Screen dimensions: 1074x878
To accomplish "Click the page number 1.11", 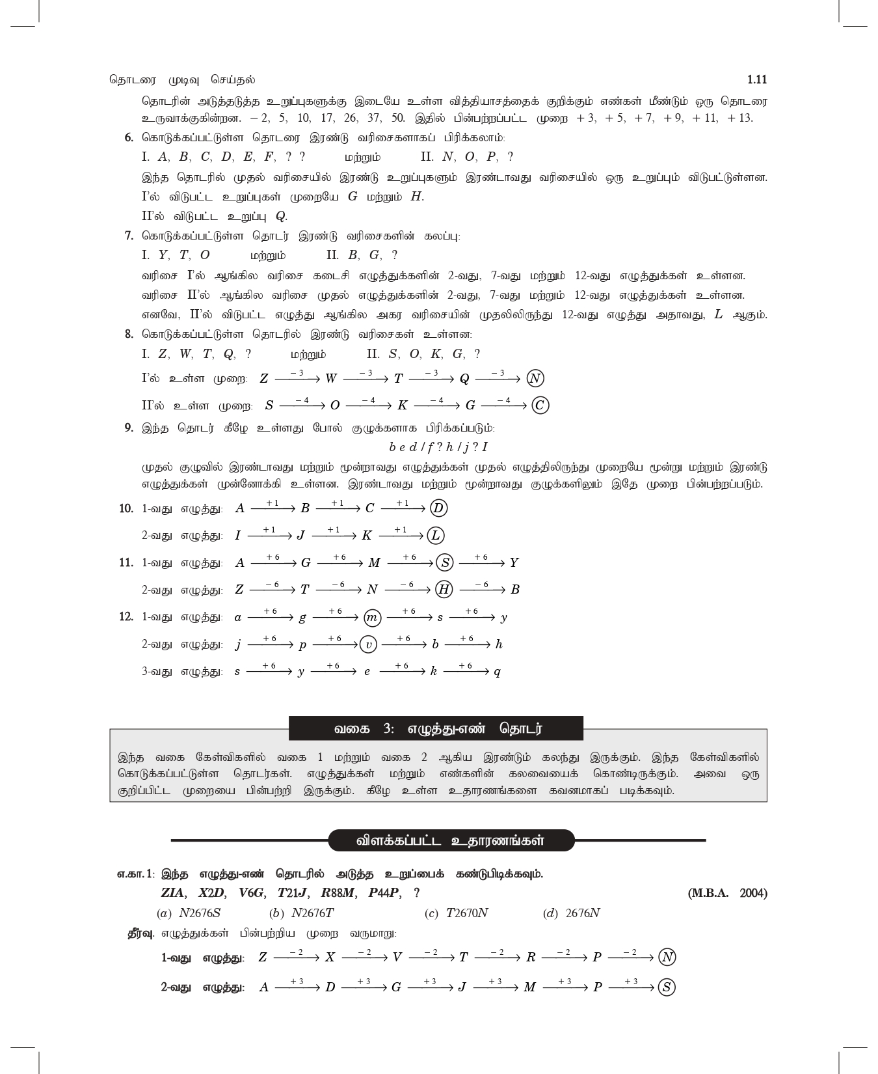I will [757, 79].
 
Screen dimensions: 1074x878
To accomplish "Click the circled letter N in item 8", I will [535, 379].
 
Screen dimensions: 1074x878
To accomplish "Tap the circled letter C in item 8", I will [540, 406].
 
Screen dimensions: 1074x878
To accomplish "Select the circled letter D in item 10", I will [439, 508].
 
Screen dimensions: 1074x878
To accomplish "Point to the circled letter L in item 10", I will [436, 536].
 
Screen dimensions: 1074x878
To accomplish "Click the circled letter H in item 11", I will [444, 590].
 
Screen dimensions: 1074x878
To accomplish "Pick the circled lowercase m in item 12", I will [372, 618].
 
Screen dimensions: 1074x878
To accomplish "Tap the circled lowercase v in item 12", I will [368, 644].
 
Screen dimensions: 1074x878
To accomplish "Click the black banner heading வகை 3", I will [436, 728].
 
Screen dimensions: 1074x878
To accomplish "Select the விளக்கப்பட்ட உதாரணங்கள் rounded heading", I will [451, 840].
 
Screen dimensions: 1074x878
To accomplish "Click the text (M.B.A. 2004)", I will [727, 893].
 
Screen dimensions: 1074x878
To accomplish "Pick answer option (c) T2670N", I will [456, 913].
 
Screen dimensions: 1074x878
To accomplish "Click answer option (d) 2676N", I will [571, 913].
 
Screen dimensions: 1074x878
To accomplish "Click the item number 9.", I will [129, 428].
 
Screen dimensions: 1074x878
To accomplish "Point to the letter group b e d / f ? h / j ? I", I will [438, 447].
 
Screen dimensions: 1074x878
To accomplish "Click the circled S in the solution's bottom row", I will [667, 987].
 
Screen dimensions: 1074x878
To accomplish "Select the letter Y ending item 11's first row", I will [514, 563].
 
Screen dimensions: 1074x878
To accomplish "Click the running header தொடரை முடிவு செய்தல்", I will [182, 79].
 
